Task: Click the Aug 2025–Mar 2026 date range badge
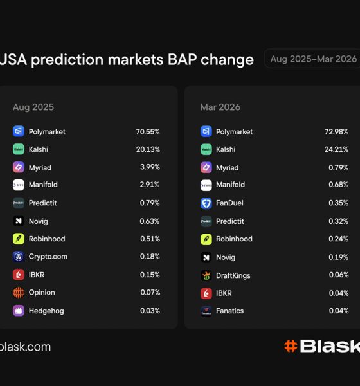(313, 59)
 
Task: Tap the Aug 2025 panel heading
(33, 107)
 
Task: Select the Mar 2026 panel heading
(221, 107)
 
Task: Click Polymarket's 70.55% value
(147, 132)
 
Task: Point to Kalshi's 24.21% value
(336, 150)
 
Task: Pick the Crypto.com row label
(48, 257)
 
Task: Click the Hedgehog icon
(19, 311)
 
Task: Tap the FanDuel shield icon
(206, 203)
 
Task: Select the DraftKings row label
(233, 275)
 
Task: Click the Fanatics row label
(230, 311)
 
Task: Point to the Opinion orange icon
(19, 293)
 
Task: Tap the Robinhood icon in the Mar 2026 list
(206, 239)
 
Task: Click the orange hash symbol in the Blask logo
(291, 346)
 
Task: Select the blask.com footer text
(25, 347)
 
